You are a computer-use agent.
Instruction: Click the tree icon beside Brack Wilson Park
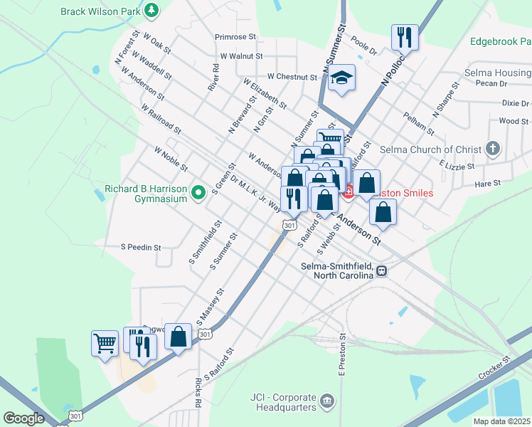click(x=151, y=11)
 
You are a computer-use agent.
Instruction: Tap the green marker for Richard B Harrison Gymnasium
click(x=199, y=190)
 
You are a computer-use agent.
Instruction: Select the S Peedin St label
click(x=141, y=248)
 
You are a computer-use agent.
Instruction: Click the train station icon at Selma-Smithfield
click(x=382, y=270)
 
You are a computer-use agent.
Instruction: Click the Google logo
click(x=24, y=418)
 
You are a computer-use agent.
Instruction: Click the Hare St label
click(x=489, y=183)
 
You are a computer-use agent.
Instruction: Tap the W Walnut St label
click(x=241, y=56)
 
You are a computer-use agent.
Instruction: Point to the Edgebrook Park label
click(x=500, y=41)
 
